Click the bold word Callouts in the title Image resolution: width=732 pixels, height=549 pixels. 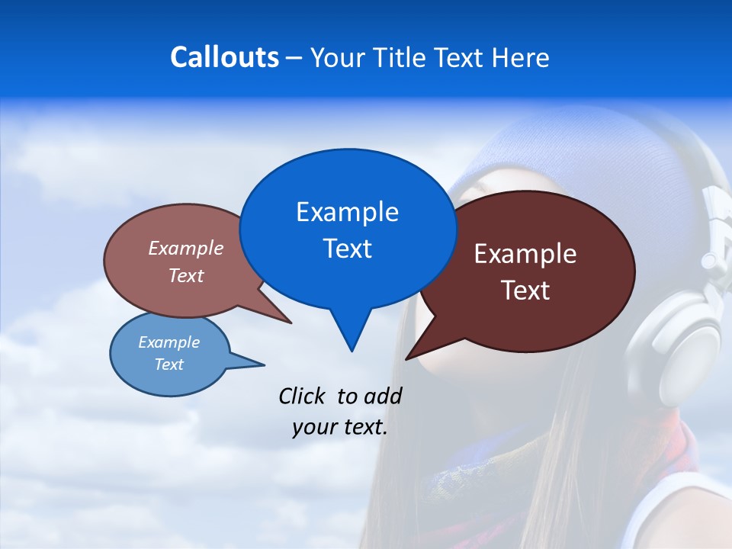[x=224, y=57]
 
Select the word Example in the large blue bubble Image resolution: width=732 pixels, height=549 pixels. [x=347, y=212]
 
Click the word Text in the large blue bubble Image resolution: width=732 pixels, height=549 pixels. [x=347, y=249]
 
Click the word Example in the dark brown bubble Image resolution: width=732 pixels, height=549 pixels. [x=525, y=254]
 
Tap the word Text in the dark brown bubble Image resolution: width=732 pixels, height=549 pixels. [x=525, y=291]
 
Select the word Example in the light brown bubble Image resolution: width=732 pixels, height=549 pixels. [x=186, y=248]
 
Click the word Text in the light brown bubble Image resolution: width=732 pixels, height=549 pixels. [x=186, y=275]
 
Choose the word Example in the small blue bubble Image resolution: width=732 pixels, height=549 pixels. [x=169, y=342]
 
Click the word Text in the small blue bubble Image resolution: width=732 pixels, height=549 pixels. [x=169, y=364]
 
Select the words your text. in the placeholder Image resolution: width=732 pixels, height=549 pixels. [x=340, y=427]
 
